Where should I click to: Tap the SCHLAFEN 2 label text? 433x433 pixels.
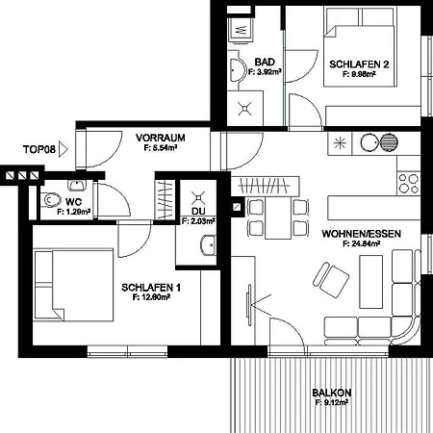click(x=359, y=64)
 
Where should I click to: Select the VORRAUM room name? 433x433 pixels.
click(x=160, y=138)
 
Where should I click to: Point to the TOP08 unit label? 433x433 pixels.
click(x=38, y=149)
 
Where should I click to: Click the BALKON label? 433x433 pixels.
click(x=331, y=393)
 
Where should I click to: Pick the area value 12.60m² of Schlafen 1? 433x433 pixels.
click(x=151, y=298)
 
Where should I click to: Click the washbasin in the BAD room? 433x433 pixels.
click(x=236, y=69)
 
